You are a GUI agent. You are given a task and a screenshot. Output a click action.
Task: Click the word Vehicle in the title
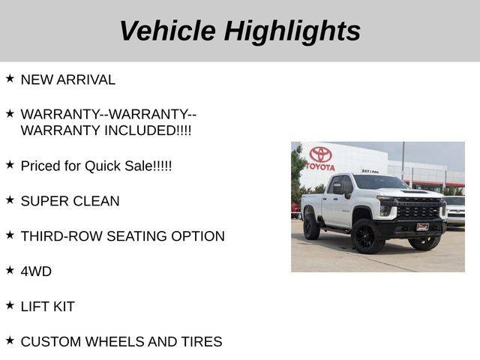(x=168, y=31)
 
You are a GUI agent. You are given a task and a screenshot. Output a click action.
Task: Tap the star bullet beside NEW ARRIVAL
(x=10, y=79)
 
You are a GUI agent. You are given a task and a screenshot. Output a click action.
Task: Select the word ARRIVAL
(x=85, y=80)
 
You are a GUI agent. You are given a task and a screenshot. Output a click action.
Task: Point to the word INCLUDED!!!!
(x=148, y=130)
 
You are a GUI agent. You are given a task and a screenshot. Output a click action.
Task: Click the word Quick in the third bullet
(x=103, y=166)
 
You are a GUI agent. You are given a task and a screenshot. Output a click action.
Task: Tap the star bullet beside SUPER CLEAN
(x=10, y=200)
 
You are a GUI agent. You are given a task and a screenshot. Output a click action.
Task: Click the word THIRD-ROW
(x=61, y=236)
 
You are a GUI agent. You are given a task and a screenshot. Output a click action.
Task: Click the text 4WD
(x=36, y=271)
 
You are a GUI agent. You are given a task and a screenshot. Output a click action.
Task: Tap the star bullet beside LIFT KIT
(x=10, y=305)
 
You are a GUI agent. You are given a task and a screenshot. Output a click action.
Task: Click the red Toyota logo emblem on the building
(x=320, y=154)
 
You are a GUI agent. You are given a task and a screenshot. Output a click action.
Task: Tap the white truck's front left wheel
(x=367, y=236)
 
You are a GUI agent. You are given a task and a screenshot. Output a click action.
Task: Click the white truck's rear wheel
(x=311, y=226)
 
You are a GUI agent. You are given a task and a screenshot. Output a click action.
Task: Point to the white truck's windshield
(x=380, y=182)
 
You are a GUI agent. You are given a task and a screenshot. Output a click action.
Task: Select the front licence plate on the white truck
(x=423, y=226)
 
